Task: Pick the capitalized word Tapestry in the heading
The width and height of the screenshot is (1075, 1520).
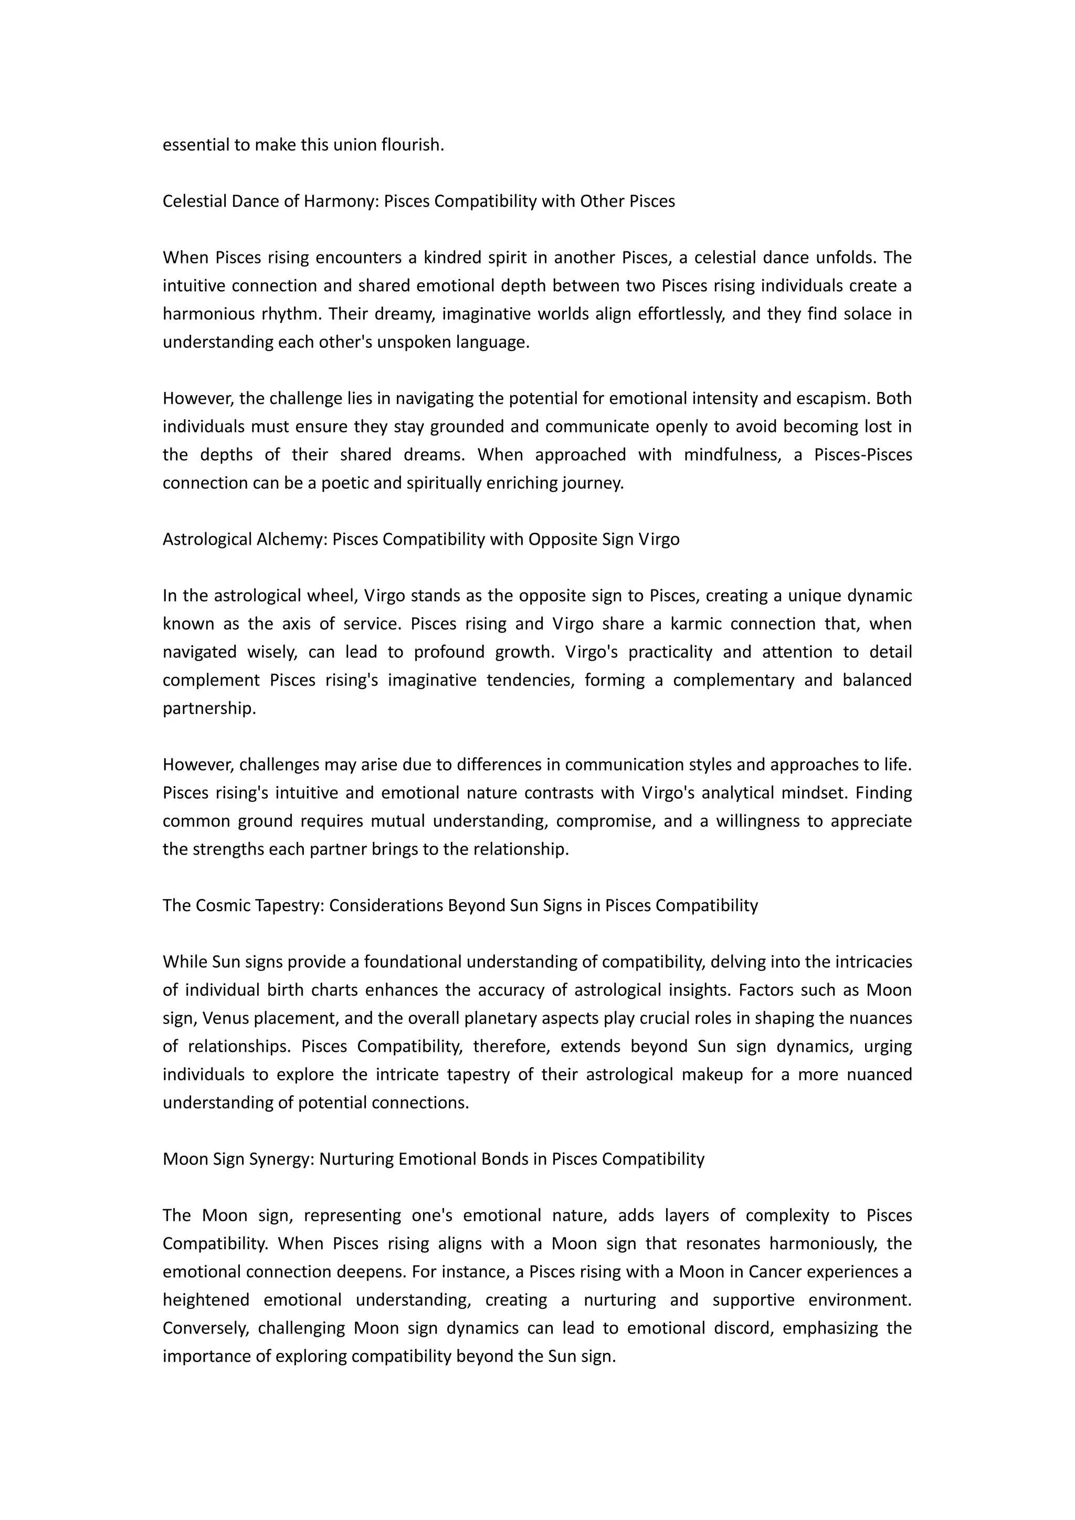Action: (x=290, y=905)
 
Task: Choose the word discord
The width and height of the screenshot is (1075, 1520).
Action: (x=744, y=1327)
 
